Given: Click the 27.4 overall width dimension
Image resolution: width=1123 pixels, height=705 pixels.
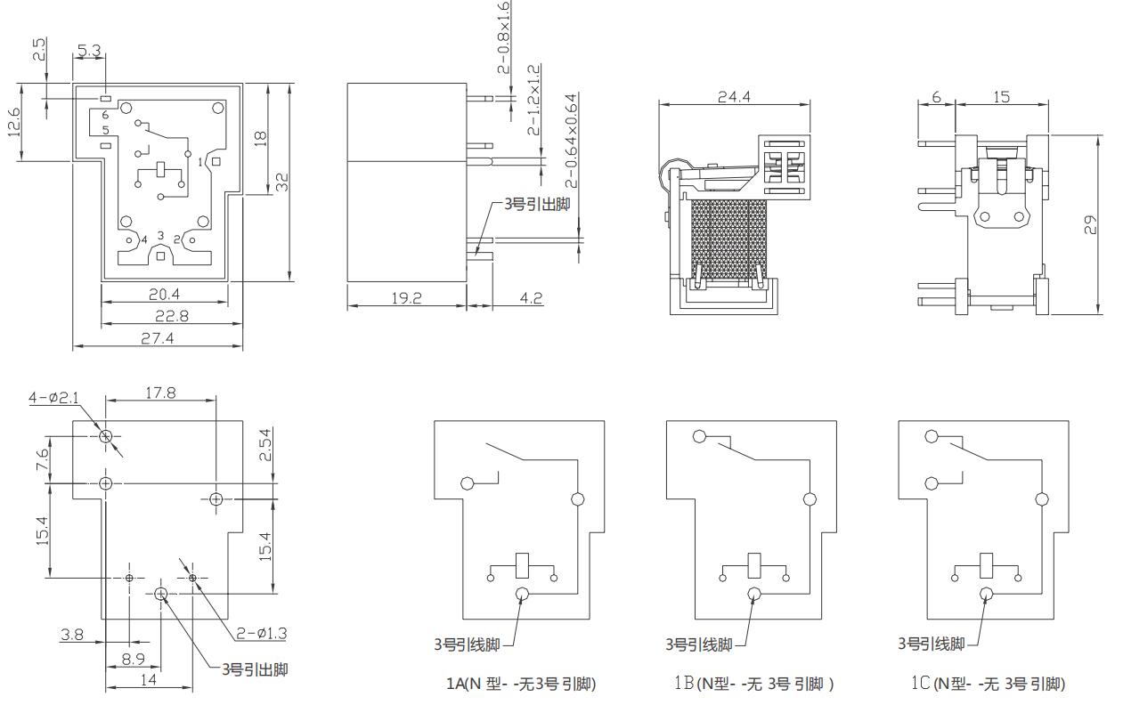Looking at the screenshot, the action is coord(157,339).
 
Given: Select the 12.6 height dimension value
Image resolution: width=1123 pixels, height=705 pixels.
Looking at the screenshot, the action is coord(14,122).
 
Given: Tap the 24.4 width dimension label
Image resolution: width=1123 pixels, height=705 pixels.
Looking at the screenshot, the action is coord(734,96).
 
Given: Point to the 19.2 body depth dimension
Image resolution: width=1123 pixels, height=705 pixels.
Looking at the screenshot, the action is coord(407,298).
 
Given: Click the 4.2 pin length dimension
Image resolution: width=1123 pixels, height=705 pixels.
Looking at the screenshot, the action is coord(531,298).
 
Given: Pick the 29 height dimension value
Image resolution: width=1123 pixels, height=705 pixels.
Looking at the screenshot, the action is coord(1090,224).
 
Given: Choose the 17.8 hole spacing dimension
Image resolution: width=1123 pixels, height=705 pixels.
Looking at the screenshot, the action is coord(160,393).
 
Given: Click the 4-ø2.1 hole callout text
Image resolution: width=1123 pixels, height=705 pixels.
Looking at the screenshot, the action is coord(53,398).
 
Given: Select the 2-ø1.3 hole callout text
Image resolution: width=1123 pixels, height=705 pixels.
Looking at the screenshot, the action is coord(262,634).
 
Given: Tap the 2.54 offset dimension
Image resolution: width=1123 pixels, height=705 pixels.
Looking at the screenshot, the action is coord(264,445).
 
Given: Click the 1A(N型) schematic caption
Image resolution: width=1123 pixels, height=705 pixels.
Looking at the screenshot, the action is coord(521,684).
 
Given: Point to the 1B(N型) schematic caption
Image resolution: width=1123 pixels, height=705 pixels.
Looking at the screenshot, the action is coord(754,684).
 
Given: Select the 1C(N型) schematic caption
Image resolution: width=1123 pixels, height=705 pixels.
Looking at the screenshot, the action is coord(988,684).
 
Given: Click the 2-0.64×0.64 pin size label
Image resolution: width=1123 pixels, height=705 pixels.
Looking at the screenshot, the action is coord(571,141).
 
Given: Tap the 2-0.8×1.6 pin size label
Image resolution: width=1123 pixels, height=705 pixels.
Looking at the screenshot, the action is coord(503,37).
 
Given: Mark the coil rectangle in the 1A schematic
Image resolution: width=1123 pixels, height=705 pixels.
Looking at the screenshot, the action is coord(522,565).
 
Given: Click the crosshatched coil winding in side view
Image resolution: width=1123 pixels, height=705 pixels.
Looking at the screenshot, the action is coord(729,239).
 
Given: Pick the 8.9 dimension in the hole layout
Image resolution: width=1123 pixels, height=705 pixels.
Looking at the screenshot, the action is coord(134,659).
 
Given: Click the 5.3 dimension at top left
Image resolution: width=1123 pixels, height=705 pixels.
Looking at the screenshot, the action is coord(89,51).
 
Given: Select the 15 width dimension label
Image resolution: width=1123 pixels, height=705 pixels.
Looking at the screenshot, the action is coord(1001,97).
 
